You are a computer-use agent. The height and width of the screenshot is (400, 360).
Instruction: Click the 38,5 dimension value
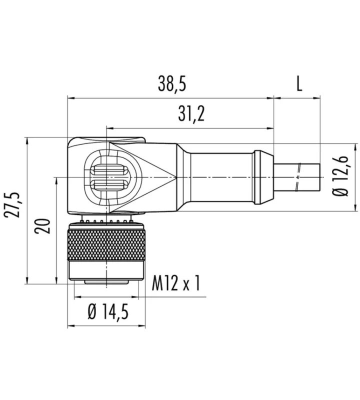[172, 83]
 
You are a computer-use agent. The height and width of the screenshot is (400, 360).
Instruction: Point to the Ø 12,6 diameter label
[341, 176]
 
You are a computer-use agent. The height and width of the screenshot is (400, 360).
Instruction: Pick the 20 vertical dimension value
[42, 226]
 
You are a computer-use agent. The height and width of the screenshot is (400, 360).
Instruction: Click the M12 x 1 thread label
[176, 283]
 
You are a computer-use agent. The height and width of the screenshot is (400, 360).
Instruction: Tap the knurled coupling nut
[106, 245]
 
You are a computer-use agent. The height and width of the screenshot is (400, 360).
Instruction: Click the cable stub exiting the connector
[296, 177]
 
